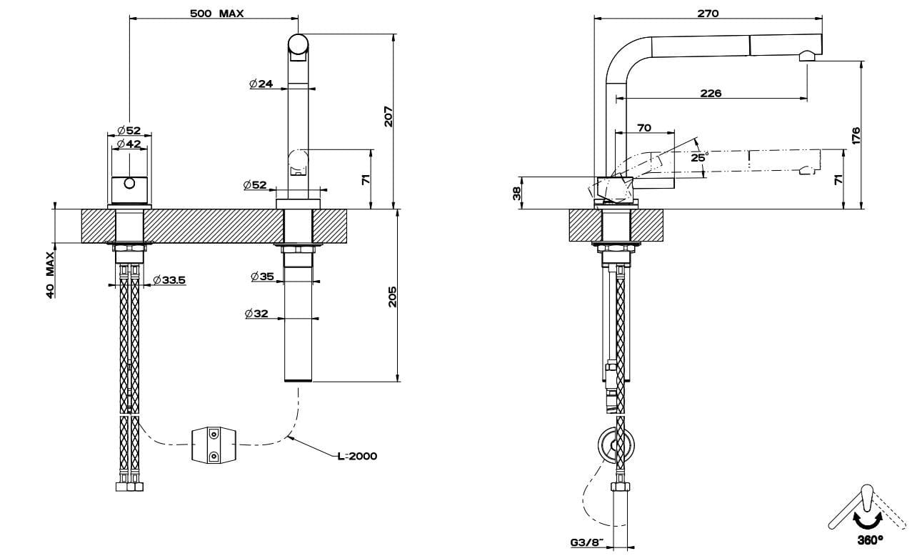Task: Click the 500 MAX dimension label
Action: [x=217, y=14]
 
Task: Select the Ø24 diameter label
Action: [x=261, y=84]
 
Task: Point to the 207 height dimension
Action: [x=389, y=116]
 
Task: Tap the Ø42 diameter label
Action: [x=129, y=144]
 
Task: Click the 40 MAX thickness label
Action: [x=51, y=274]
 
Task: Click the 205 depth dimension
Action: [x=392, y=296]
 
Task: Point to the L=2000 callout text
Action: [x=357, y=456]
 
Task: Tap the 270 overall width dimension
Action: [x=708, y=13]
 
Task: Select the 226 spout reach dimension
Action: [x=711, y=93]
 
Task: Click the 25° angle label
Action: [x=699, y=157]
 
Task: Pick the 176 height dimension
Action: [x=856, y=134]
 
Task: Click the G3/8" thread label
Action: [x=585, y=542]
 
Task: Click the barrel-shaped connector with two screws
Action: [x=213, y=445]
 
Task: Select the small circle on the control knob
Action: [x=129, y=184]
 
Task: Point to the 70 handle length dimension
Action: [x=643, y=128]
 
